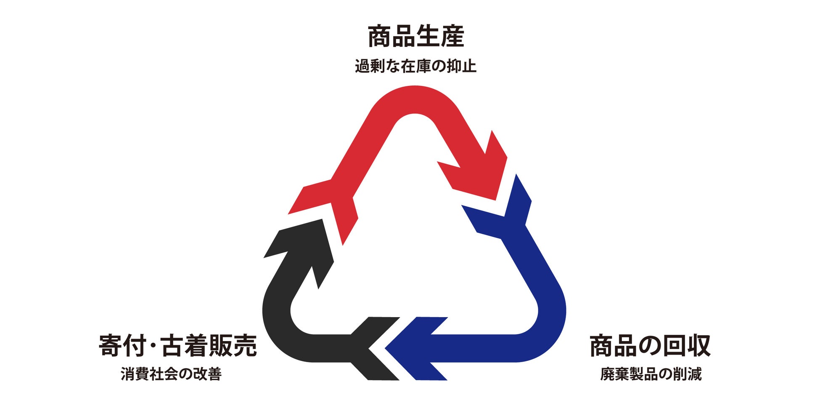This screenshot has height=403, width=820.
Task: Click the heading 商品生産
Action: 416,37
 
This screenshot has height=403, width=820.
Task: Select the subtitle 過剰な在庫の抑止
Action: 415,67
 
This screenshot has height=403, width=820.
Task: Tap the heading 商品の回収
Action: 650,346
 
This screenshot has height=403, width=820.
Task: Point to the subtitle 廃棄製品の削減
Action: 651,374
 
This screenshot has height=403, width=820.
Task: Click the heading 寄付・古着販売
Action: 177,346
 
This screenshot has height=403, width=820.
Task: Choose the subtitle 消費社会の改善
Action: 171,374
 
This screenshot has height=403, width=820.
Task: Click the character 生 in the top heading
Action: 428,37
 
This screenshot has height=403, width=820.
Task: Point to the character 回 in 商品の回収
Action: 674,346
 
